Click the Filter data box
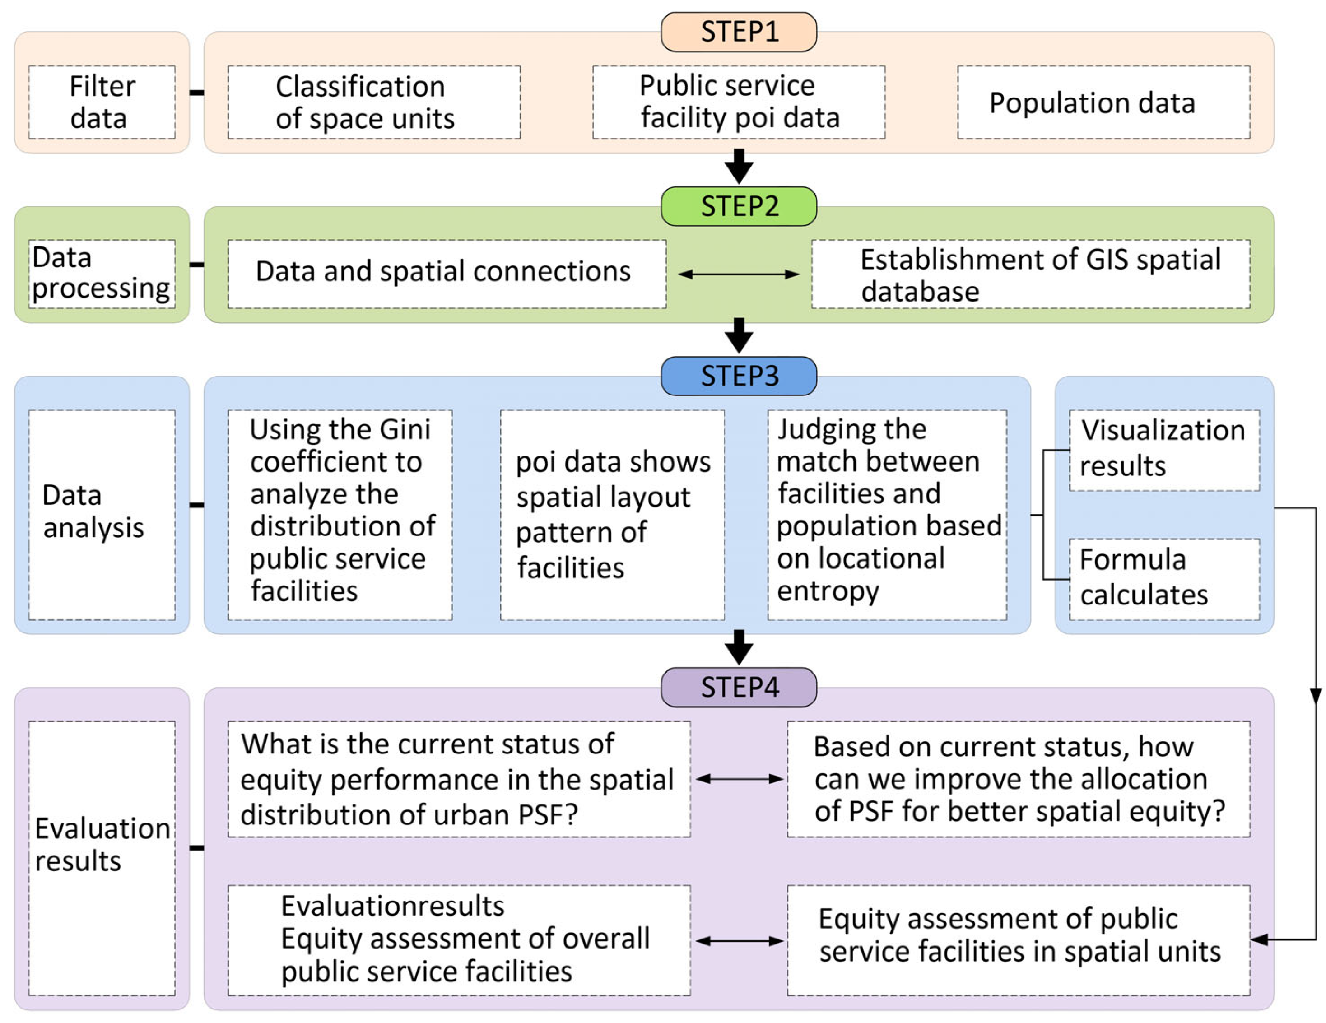[x=102, y=102]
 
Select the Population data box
[x=1103, y=102]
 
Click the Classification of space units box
[x=373, y=102]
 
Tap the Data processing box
[x=102, y=274]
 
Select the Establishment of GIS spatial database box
[x=1030, y=274]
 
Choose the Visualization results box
[x=1163, y=450]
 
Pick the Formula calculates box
[x=1163, y=579]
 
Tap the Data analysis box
[x=102, y=514]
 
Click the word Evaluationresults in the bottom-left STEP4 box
[x=392, y=906]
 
